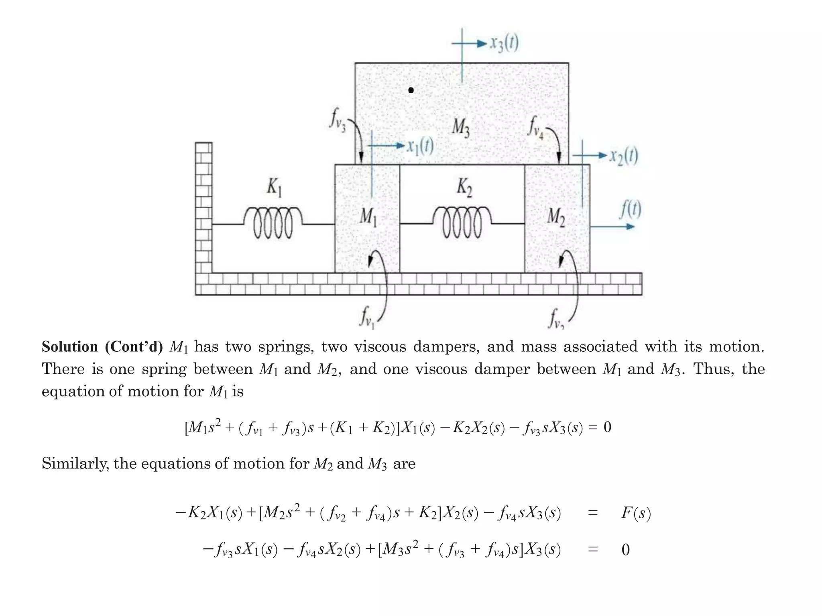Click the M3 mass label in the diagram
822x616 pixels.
[461, 128]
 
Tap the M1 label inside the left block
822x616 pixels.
[368, 217]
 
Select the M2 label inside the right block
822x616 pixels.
[556, 217]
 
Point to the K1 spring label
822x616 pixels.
[275, 187]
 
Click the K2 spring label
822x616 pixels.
[464, 187]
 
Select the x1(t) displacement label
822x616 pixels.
[420, 146]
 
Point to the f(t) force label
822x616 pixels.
[631, 210]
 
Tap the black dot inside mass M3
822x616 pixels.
[411, 91]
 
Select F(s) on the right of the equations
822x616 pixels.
[636, 513]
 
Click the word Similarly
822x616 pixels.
[75, 464]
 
